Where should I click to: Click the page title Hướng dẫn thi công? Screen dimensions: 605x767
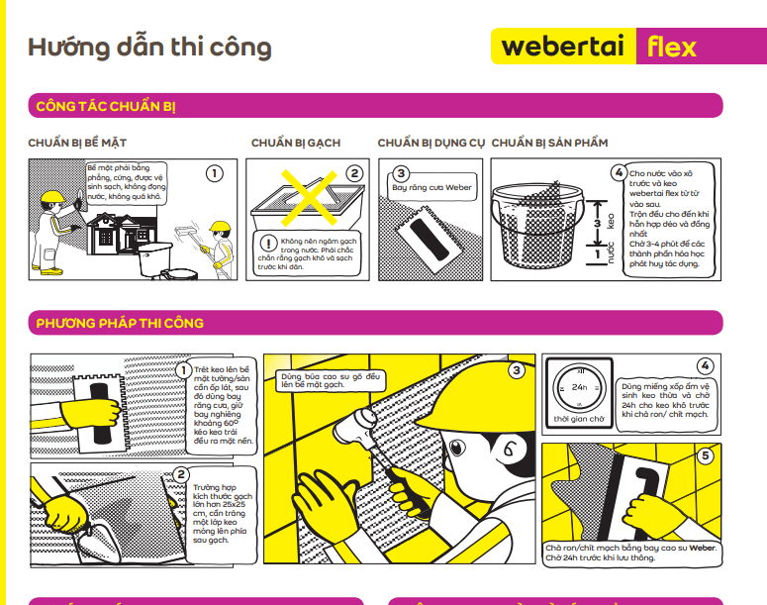click(149, 48)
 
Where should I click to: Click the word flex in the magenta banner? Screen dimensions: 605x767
click(672, 47)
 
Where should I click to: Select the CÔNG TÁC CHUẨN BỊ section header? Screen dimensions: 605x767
click(106, 106)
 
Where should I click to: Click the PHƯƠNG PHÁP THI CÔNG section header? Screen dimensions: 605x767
click(120, 324)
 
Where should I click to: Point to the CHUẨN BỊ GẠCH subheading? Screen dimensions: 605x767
click(295, 144)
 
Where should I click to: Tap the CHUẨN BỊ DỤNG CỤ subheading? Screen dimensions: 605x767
click(431, 144)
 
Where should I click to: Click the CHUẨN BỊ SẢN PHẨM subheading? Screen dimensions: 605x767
click(549, 144)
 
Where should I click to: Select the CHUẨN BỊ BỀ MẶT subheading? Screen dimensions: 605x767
click(77, 144)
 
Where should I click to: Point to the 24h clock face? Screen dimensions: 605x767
click(579, 387)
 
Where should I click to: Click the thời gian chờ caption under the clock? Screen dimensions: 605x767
click(579, 419)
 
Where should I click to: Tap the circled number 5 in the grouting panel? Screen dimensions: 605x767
click(705, 456)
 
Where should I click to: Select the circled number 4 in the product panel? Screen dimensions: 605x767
click(619, 173)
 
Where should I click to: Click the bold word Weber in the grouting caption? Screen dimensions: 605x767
click(702, 548)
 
